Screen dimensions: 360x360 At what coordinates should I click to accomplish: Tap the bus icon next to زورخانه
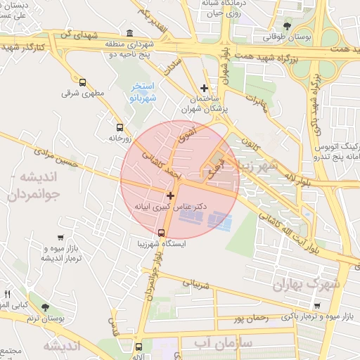tap(120, 128)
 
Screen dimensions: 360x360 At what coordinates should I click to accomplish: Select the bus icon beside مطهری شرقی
tap(83, 82)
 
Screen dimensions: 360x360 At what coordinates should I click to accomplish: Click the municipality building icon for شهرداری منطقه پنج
tap(129, 33)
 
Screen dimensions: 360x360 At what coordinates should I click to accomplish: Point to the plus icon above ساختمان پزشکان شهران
tap(204, 89)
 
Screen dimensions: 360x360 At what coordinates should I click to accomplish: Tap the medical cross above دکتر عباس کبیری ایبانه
tap(170, 195)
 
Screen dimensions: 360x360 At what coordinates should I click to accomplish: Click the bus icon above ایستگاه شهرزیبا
tap(162, 233)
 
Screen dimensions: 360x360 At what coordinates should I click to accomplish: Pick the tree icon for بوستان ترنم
tap(46, 307)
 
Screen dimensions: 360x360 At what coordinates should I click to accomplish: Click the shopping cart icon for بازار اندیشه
tap(61, 238)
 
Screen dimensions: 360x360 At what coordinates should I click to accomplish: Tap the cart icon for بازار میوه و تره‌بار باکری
tap(318, 306)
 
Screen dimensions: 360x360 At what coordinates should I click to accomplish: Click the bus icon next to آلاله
tap(139, 347)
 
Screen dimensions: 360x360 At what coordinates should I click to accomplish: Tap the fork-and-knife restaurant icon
tap(8, 293)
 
